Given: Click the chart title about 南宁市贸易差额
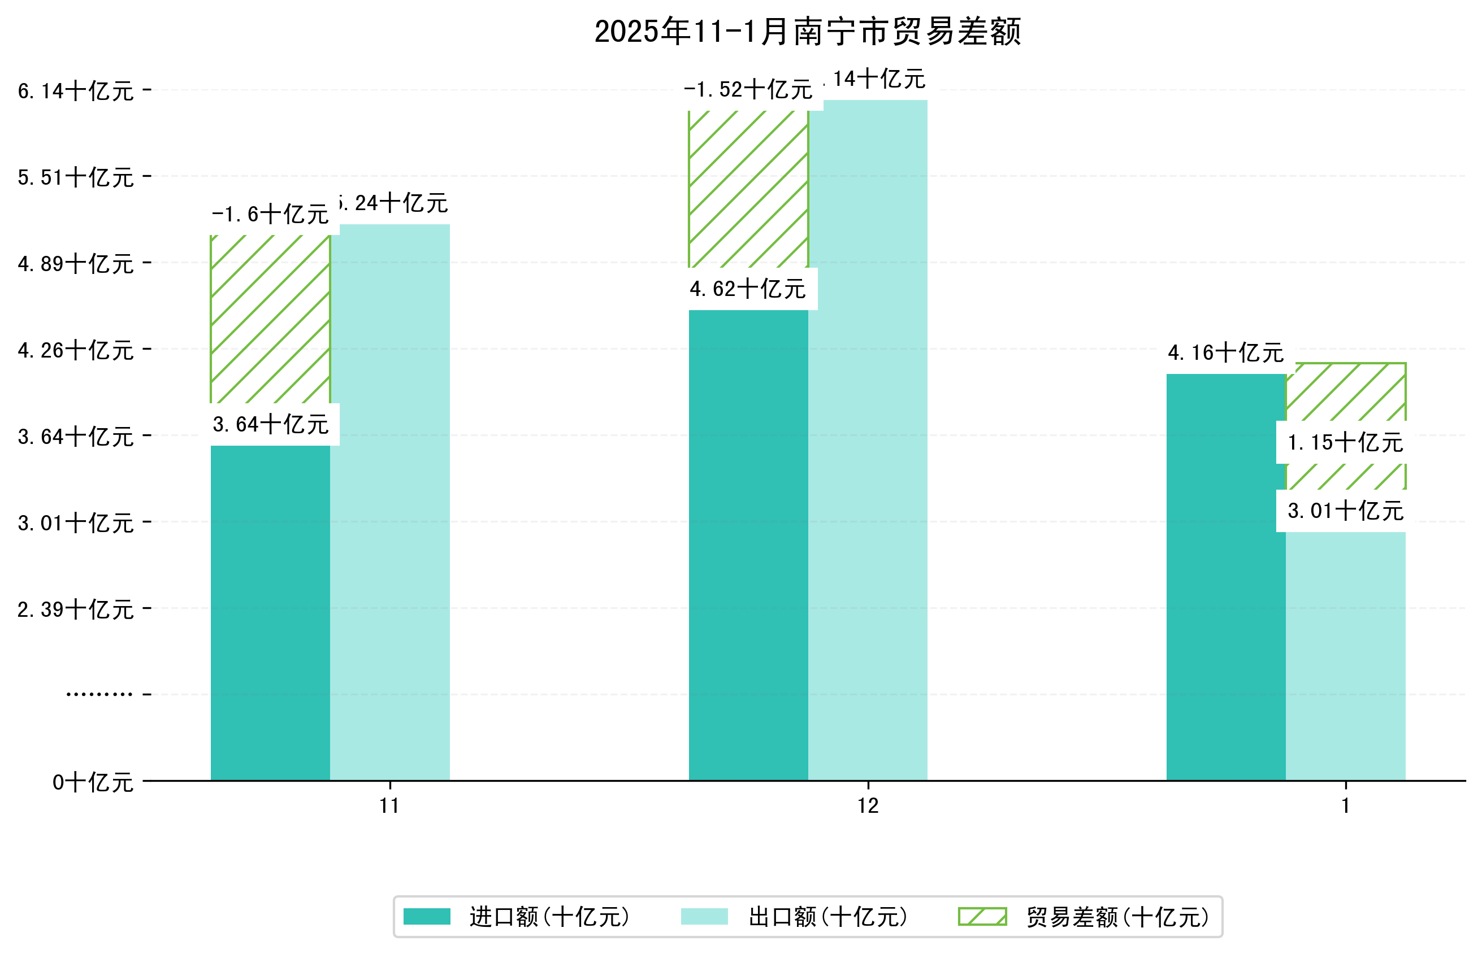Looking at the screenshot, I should [807, 32].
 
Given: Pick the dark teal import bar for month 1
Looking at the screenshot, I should [1225, 576].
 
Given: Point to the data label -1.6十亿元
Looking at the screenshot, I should [270, 214].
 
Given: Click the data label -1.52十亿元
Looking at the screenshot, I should [748, 90].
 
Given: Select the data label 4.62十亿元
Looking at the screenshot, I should [748, 289].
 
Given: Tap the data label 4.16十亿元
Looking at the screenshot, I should [1225, 353].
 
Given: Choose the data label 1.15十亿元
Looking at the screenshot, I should [1345, 442].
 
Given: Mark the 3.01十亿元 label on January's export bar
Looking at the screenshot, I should [1345, 511].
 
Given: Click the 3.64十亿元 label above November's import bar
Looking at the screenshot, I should [270, 424].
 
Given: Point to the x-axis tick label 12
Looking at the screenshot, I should [867, 806].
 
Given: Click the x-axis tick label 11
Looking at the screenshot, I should [389, 806].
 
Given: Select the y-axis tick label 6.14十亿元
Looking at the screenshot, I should [76, 91].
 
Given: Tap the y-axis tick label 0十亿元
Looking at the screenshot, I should [93, 782].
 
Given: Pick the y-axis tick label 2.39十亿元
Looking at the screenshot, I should [76, 609].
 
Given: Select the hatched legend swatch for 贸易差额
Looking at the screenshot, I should [982, 917].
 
